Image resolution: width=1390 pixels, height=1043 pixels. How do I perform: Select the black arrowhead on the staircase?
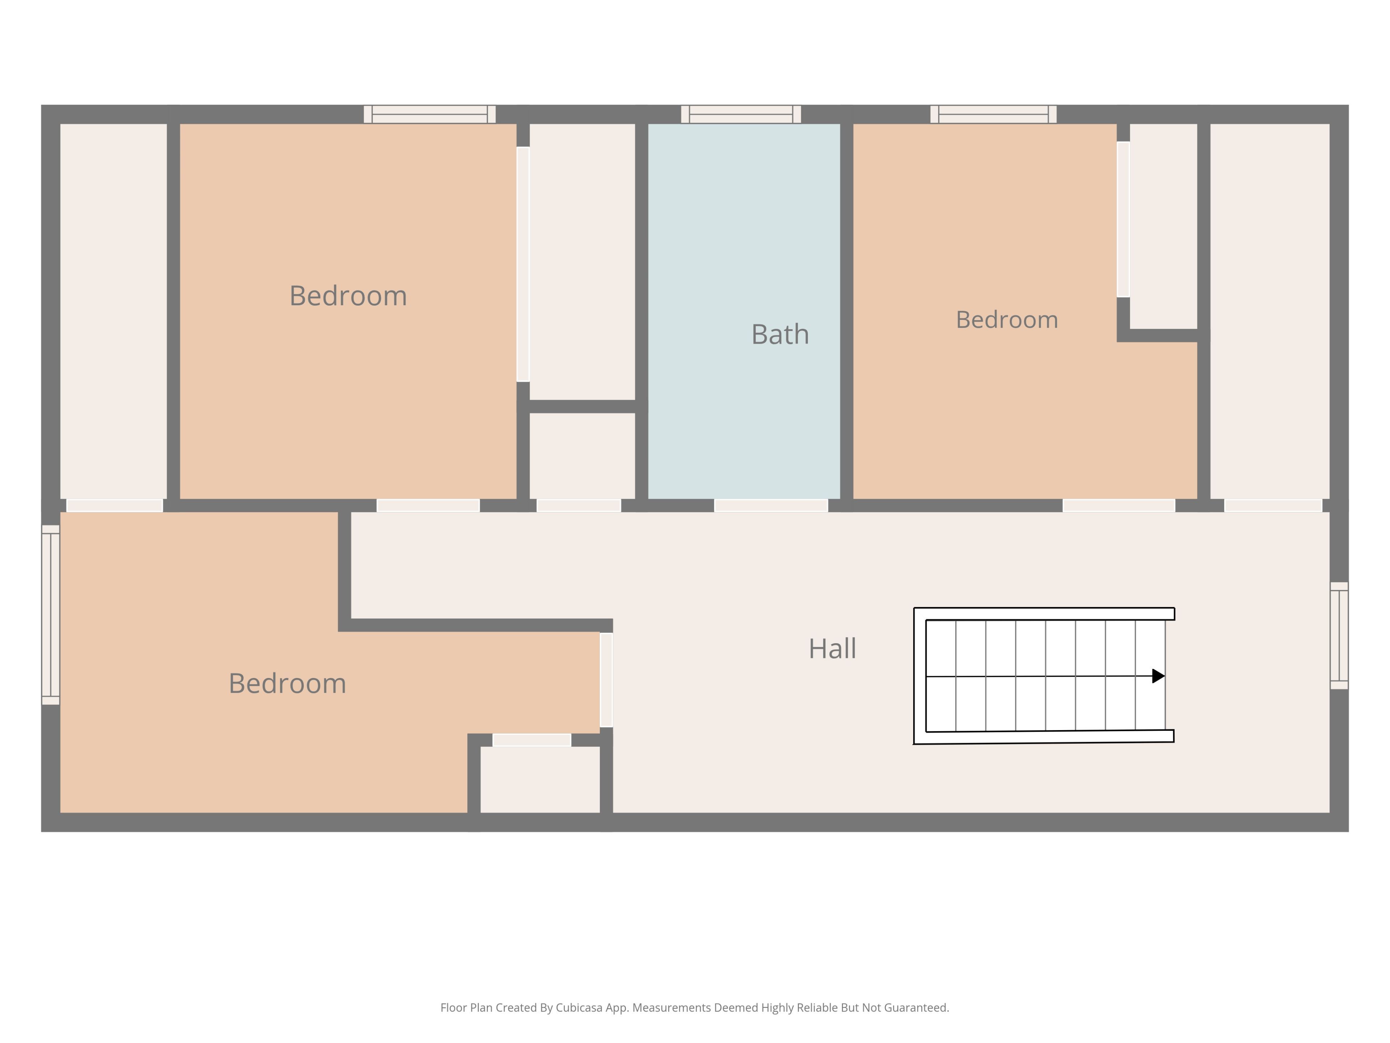[1158, 676]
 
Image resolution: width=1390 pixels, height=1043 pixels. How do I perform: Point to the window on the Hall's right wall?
[1339, 636]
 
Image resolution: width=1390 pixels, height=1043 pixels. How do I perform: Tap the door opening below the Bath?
[771, 506]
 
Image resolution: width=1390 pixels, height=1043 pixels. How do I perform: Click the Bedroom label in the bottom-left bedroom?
[287, 683]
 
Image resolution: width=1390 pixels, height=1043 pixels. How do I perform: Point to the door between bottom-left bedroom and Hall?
[606, 680]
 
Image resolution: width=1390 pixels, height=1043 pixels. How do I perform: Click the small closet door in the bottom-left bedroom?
[532, 740]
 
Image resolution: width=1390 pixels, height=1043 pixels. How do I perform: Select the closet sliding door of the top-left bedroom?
[523, 264]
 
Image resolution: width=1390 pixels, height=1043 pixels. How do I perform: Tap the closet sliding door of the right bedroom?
[1123, 219]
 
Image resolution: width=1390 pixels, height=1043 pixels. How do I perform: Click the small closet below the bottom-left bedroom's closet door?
[540, 780]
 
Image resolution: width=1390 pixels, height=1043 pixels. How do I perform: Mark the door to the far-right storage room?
[1273, 506]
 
